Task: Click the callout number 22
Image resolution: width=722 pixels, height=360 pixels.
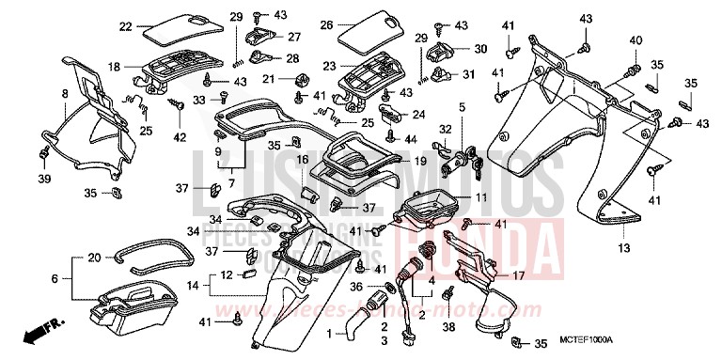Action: pos(125,26)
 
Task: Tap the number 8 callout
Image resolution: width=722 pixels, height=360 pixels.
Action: pos(64,94)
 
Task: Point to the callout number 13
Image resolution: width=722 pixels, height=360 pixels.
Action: pos(623,248)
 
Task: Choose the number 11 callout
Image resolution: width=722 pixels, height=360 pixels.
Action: pos(480,198)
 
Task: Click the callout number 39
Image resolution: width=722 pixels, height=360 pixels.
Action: pos(43,180)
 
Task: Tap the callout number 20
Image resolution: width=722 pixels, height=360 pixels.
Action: pos(94,258)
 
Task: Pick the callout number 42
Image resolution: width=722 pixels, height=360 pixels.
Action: pos(180,137)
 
